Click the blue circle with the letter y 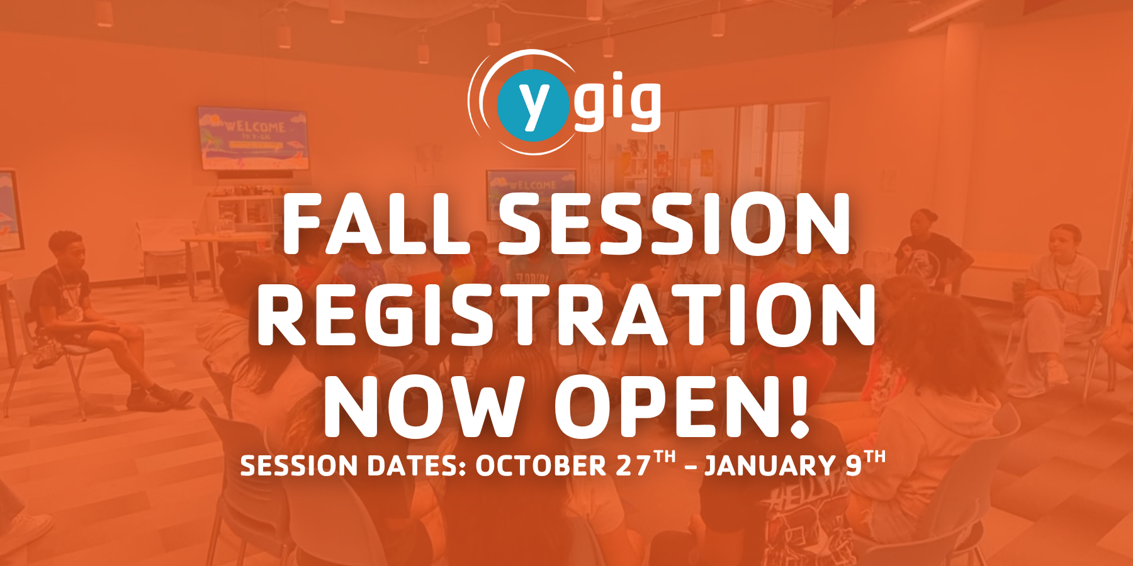(x=533, y=105)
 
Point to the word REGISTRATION (x=566, y=314)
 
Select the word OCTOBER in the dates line (x=541, y=466)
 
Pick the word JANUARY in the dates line (x=770, y=466)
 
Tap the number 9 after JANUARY (x=853, y=466)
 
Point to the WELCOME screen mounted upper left (x=254, y=138)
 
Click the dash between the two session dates (x=690, y=467)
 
